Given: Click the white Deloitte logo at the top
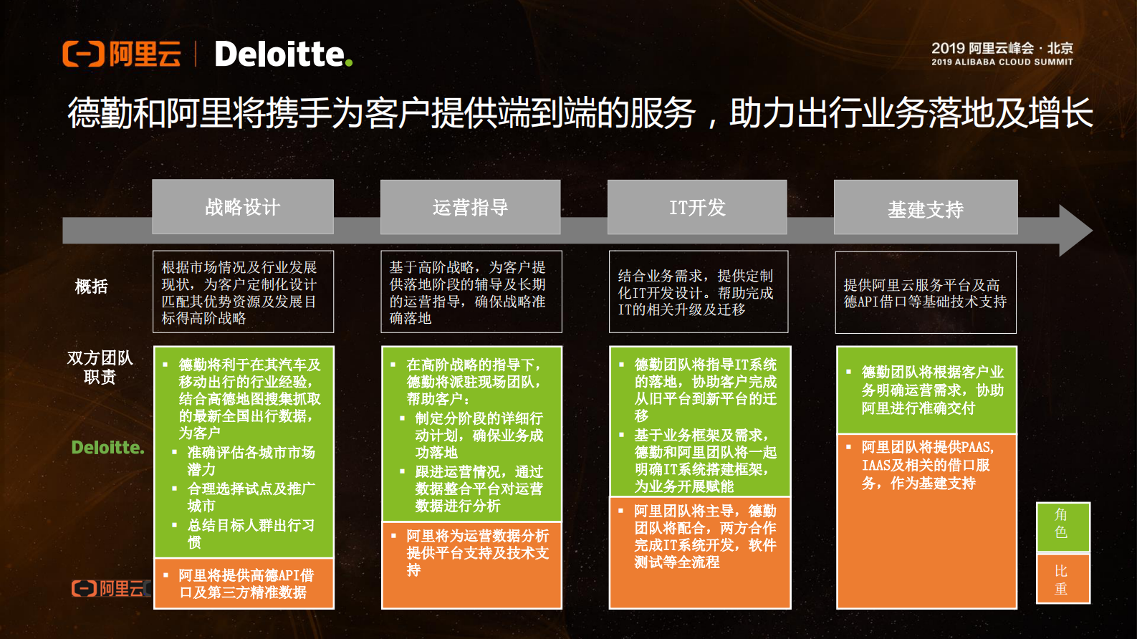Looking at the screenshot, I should click(x=283, y=54).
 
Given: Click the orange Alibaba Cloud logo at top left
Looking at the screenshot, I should click(x=122, y=54).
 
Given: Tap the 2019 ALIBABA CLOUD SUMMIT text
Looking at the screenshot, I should click(x=1002, y=62).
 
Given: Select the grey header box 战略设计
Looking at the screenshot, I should click(x=243, y=207).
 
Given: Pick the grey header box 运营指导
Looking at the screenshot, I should click(x=470, y=207).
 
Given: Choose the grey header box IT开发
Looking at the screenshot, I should click(x=697, y=207).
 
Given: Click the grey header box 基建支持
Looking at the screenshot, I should click(x=926, y=208).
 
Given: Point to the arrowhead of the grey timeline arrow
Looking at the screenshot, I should click(x=1075, y=230).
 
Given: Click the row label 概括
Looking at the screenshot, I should click(x=92, y=287).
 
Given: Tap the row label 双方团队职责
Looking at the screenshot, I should click(x=100, y=367).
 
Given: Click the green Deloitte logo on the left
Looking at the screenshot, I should click(x=107, y=448).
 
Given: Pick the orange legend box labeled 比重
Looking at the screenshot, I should click(x=1062, y=579).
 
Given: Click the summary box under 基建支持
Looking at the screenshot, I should click(x=926, y=292).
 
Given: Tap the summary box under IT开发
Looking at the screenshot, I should click(x=698, y=292).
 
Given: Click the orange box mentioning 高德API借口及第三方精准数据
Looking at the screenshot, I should click(x=244, y=583).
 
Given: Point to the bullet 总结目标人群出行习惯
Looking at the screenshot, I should click(x=251, y=534).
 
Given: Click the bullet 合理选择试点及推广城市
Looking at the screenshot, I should click(x=251, y=497).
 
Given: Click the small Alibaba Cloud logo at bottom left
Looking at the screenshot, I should click(x=111, y=589).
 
